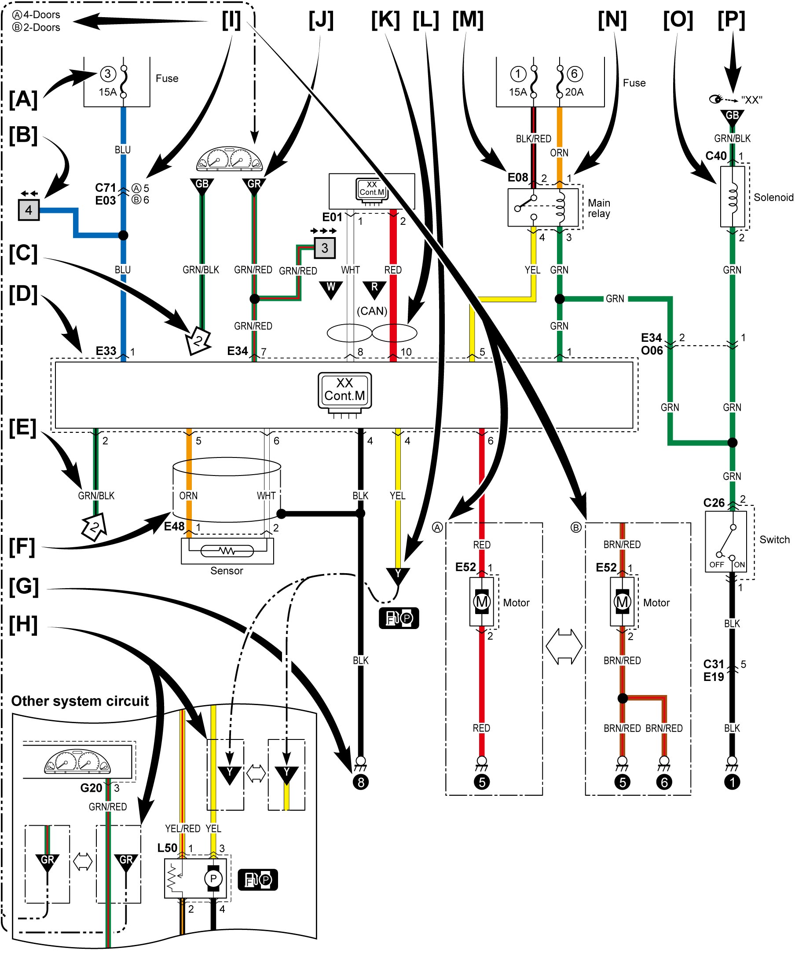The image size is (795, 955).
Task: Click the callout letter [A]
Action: click(x=23, y=99)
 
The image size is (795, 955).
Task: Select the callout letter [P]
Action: click(x=731, y=20)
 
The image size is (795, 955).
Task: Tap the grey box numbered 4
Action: click(x=29, y=210)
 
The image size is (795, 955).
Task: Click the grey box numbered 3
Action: click(x=325, y=248)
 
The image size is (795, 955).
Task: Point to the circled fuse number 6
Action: click(x=575, y=73)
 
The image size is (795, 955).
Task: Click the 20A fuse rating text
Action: click(x=575, y=92)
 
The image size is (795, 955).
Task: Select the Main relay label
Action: click(x=599, y=208)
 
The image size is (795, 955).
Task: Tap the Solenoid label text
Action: click(x=773, y=198)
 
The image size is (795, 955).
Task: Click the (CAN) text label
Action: click(x=372, y=311)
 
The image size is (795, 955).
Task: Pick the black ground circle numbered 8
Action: click(x=361, y=782)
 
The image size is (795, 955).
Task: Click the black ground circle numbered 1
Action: click(x=732, y=782)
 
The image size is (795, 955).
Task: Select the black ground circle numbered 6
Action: click(x=664, y=782)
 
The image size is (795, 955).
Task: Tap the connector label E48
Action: click(x=174, y=527)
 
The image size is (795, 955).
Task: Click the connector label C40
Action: click(x=716, y=156)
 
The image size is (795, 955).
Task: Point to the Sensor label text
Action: click(x=227, y=571)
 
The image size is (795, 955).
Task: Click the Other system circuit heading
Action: click(x=80, y=701)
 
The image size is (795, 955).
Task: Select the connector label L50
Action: click(x=167, y=848)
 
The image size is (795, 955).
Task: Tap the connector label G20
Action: click(x=92, y=788)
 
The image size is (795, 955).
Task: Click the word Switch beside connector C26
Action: click(x=774, y=540)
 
